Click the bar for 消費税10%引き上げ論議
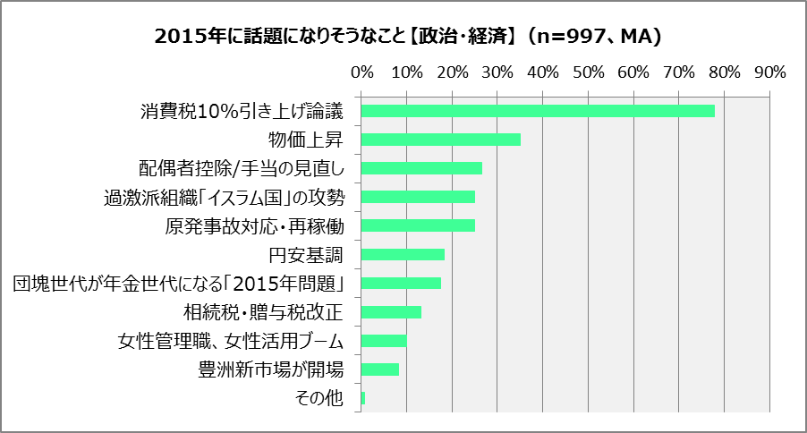coord(537,111)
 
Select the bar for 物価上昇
coord(440,140)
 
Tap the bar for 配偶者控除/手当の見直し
coord(421,168)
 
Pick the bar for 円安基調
coord(403,254)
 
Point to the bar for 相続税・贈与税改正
coord(391,311)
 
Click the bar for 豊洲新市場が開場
coord(380,369)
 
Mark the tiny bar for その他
coord(363,397)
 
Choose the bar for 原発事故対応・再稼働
coord(418,225)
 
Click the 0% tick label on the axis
coord(361,72)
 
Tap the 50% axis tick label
coord(588,72)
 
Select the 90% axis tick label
coord(769,72)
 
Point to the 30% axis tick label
coord(497,72)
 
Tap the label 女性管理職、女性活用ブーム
coord(231,341)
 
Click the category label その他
coord(319,398)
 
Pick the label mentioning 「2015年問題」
coord(179,284)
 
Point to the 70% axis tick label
coord(679,72)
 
